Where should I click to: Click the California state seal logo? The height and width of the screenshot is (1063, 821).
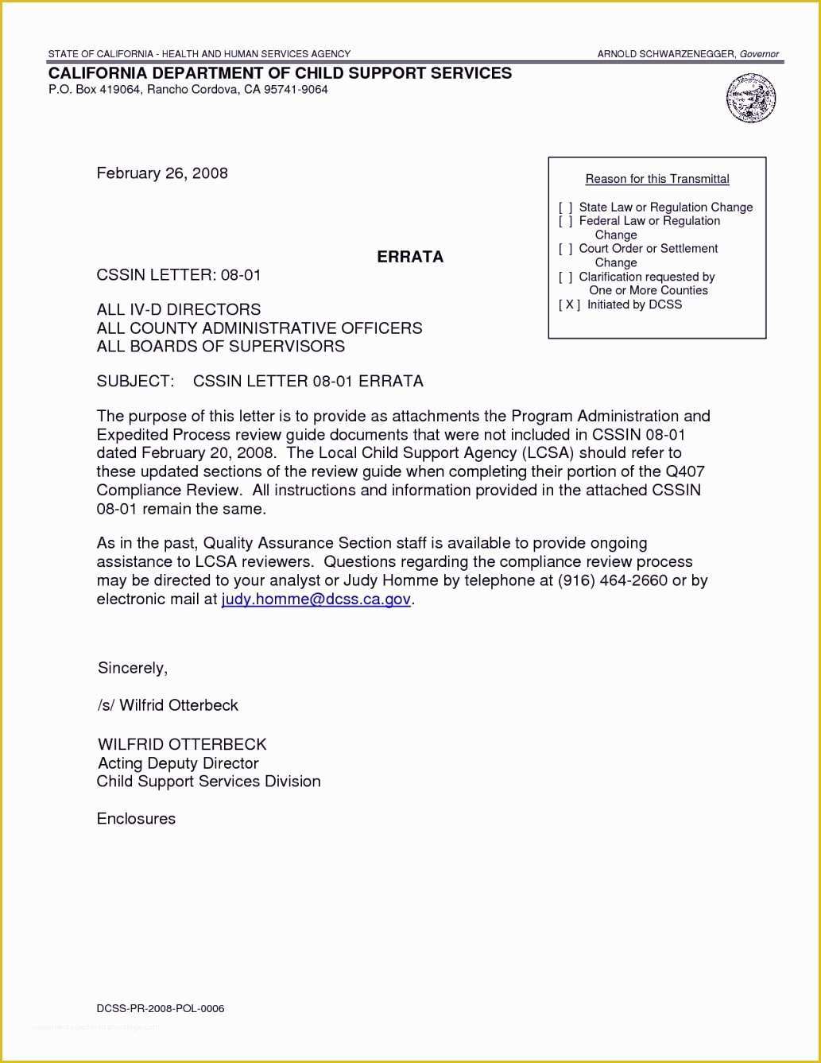pos(750,98)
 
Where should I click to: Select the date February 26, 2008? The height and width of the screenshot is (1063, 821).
pos(162,173)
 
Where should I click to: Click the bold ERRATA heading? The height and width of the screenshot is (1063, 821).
pos(410,257)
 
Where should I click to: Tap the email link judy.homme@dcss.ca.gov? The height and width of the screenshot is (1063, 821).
pos(316,599)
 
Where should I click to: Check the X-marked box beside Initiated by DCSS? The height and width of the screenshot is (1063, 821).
pos(569,305)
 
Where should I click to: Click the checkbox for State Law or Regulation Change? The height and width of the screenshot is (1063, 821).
pos(566,208)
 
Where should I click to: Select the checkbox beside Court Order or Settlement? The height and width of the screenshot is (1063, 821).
pos(566,249)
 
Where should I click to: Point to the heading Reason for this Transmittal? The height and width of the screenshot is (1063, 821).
pos(656,179)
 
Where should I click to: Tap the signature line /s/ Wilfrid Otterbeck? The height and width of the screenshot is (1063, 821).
pos(168,705)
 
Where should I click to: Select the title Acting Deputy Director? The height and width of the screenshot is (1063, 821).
pos(178,763)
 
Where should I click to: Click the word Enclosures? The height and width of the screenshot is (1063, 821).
pos(136,819)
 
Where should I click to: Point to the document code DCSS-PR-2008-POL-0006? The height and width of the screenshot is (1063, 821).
pos(161,1009)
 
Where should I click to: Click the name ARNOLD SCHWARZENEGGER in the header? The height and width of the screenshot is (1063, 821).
pos(666,54)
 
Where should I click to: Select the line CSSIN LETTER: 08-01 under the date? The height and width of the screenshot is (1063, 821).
pos(179,275)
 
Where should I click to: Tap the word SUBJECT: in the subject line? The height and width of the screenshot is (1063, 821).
pos(135,381)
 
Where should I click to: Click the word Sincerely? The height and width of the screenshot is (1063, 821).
pos(132,668)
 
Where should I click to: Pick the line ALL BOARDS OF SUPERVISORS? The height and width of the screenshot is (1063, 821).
pos(221,347)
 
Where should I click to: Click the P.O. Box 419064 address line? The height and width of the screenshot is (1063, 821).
pos(188,90)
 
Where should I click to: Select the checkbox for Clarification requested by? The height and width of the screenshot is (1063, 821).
pos(566,277)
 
